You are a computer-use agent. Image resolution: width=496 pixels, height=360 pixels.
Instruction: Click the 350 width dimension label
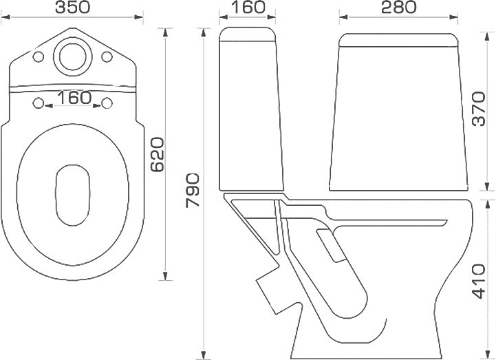pos(72,8)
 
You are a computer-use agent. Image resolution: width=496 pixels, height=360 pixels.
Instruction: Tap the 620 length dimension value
pos(158,154)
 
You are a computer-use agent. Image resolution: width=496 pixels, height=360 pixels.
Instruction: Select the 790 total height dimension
pos(193,190)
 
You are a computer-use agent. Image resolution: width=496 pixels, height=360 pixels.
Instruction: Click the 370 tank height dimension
pos(478,109)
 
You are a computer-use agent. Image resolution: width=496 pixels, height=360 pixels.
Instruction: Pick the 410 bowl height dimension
pos(478,282)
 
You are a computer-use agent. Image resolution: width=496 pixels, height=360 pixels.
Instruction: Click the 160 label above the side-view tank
pos(248,8)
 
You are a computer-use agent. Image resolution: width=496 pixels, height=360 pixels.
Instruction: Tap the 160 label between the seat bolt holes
pos(74,98)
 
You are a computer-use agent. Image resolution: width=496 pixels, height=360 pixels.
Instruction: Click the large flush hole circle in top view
pos(72,56)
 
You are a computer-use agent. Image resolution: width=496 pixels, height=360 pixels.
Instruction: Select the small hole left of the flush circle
pos(39,56)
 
